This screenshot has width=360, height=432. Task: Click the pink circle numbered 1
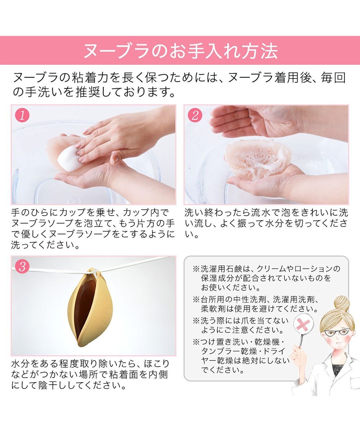point(22,116)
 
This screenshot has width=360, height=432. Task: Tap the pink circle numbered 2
point(195,116)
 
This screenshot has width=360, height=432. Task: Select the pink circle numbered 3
point(22,267)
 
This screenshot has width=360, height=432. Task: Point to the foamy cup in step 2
point(257,158)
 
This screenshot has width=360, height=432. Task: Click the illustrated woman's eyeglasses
point(337,332)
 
